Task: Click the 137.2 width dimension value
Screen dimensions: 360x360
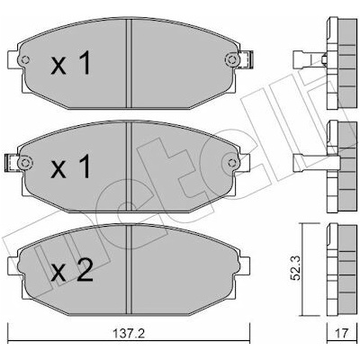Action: (x=129, y=334)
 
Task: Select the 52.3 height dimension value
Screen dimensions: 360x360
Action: (x=296, y=269)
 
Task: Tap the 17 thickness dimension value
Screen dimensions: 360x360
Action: (x=342, y=334)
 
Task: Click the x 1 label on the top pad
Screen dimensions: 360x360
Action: (x=70, y=63)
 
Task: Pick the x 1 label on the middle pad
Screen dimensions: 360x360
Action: (x=70, y=166)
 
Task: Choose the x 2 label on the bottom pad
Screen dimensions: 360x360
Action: (x=72, y=270)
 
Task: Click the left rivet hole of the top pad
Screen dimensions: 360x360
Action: (x=25, y=59)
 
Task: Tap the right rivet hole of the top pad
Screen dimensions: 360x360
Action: (x=231, y=59)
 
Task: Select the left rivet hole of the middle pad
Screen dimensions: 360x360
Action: (x=24, y=163)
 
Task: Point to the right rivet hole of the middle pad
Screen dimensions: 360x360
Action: (x=232, y=163)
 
